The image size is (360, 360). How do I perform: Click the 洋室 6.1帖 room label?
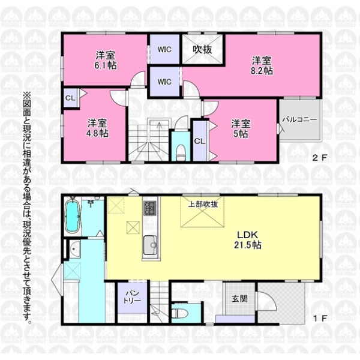pyautogui.click(x=106, y=61)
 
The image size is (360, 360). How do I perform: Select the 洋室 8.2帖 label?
pyautogui.click(x=262, y=65)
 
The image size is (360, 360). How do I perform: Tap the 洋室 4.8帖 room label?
pyautogui.click(x=97, y=128)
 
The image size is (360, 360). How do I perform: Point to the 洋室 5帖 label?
pyautogui.click(x=241, y=129)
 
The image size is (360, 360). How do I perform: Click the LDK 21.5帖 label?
pyautogui.click(x=248, y=240)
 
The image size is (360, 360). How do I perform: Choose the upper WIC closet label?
pyautogui.click(x=164, y=49)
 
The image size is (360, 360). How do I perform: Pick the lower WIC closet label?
pyautogui.click(x=164, y=82)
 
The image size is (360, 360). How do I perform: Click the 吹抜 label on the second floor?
pyautogui.click(x=202, y=49)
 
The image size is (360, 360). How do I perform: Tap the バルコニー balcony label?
pyautogui.click(x=299, y=119)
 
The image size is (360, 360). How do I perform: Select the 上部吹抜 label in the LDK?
pyautogui.click(x=203, y=205)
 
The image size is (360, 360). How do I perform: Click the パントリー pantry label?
pyautogui.click(x=132, y=296)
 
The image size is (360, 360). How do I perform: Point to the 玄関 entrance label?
pyautogui.click(x=239, y=299)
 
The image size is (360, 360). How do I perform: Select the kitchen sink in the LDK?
pyautogui.click(x=150, y=245)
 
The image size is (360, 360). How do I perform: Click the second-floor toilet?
pyautogui.click(x=181, y=152)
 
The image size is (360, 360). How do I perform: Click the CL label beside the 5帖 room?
pyautogui.click(x=200, y=142)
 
